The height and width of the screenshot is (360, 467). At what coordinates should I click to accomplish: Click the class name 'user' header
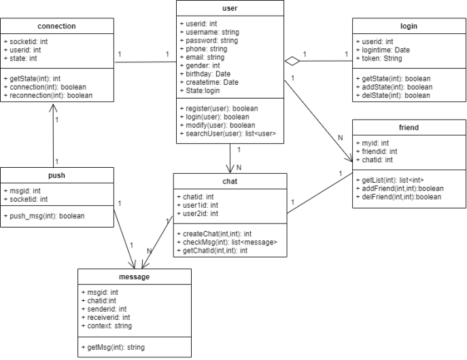point(230,8)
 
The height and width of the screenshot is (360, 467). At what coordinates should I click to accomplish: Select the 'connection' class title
point(57,26)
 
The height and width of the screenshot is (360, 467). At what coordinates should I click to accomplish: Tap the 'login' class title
point(409,26)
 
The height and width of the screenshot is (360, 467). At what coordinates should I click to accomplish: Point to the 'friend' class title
point(409,127)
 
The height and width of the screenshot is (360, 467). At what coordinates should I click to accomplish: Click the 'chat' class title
point(230,181)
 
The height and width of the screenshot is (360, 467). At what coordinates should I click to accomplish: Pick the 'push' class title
point(57,175)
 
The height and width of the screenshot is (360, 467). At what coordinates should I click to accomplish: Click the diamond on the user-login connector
point(292,61)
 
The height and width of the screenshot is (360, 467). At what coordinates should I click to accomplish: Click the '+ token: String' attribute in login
point(383,59)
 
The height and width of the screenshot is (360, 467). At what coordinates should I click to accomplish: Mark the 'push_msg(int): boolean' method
point(44,216)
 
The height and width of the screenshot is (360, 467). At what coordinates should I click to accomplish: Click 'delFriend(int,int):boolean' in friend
point(399,197)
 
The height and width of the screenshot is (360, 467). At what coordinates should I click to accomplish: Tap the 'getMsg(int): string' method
point(112,347)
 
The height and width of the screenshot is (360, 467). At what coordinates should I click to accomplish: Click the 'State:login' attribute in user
point(202,90)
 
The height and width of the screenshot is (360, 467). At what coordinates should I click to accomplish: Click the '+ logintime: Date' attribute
point(387,50)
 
